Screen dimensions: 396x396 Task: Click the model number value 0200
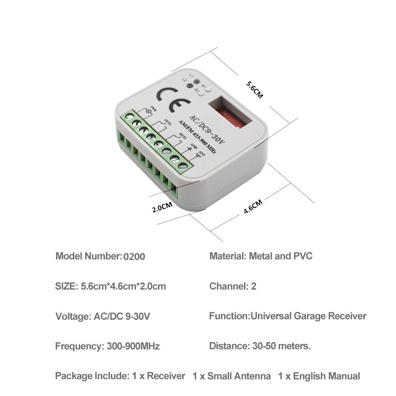click(134, 257)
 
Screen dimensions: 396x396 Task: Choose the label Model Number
click(88, 257)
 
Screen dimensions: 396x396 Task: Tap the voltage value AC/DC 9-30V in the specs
click(127, 316)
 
